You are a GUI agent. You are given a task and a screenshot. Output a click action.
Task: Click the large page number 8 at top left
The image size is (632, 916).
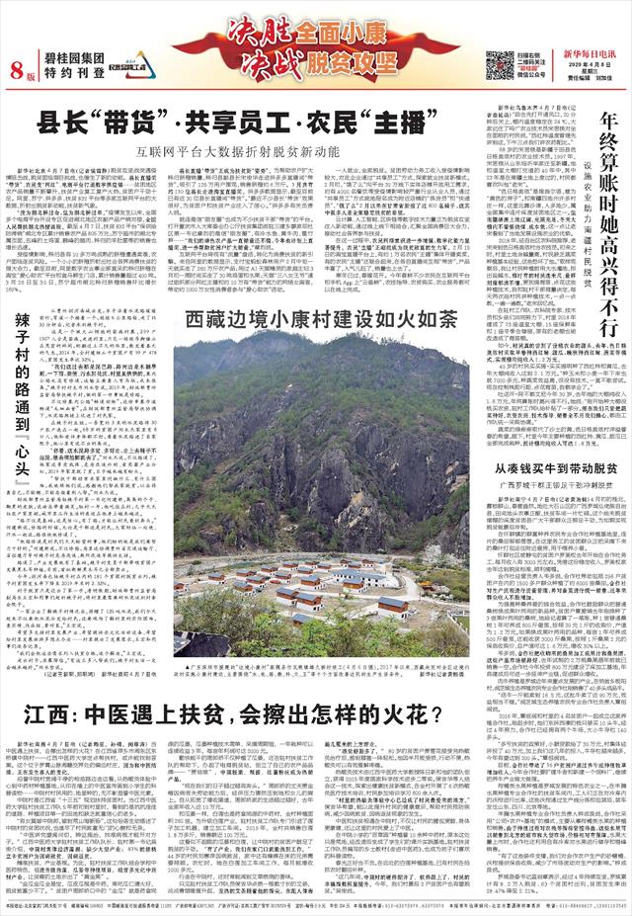[x=16, y=68]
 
